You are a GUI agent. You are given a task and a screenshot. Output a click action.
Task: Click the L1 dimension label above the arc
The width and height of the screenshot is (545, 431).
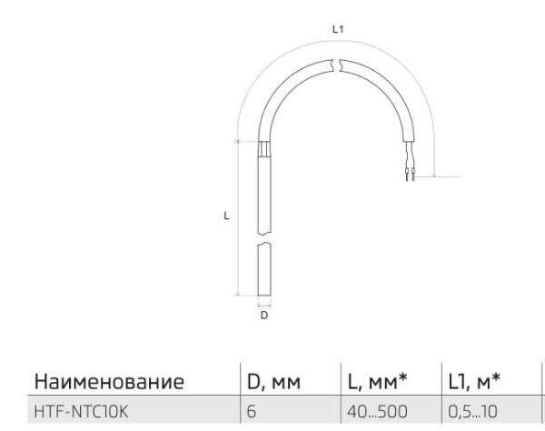tap(337, 30)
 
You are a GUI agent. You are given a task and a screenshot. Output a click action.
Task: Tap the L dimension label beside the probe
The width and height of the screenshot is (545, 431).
tap(225, 216)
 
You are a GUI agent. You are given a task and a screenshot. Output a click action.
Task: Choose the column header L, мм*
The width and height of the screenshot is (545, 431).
tap(377, 378)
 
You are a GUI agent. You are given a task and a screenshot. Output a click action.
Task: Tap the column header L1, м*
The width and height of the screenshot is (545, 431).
tap(476, 378)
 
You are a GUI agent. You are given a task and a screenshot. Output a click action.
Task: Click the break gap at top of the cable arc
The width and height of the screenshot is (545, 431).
tap(337, 65)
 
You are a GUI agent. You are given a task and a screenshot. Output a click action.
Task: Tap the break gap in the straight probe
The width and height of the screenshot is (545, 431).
tap(263, 243)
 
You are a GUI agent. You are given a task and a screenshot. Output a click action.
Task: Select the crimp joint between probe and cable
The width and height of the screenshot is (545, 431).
tap(263, 149)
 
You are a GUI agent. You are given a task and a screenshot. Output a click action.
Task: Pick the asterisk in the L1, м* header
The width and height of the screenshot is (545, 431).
tap(501, 374)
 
